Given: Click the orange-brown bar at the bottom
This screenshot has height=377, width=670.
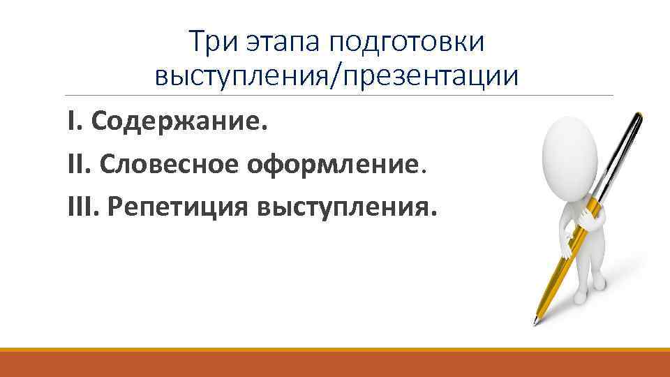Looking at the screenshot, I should (x=335, y=362).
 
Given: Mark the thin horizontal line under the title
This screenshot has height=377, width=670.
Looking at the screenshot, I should (x=335, y=96).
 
